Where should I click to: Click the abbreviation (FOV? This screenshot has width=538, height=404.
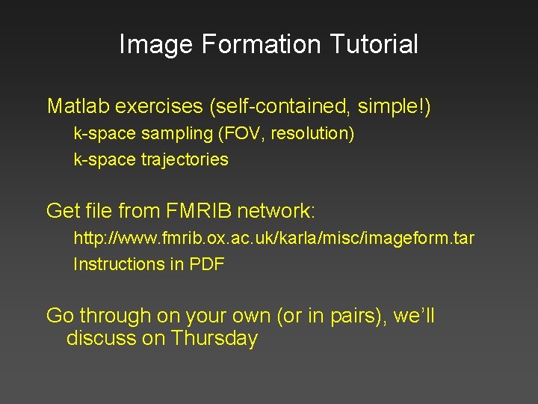241,135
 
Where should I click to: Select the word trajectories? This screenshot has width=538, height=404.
185,159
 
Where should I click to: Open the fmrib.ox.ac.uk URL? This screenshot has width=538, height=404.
273,239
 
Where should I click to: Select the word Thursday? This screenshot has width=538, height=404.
214,338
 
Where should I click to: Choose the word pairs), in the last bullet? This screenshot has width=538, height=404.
352,316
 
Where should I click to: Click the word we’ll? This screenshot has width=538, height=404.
414,316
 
